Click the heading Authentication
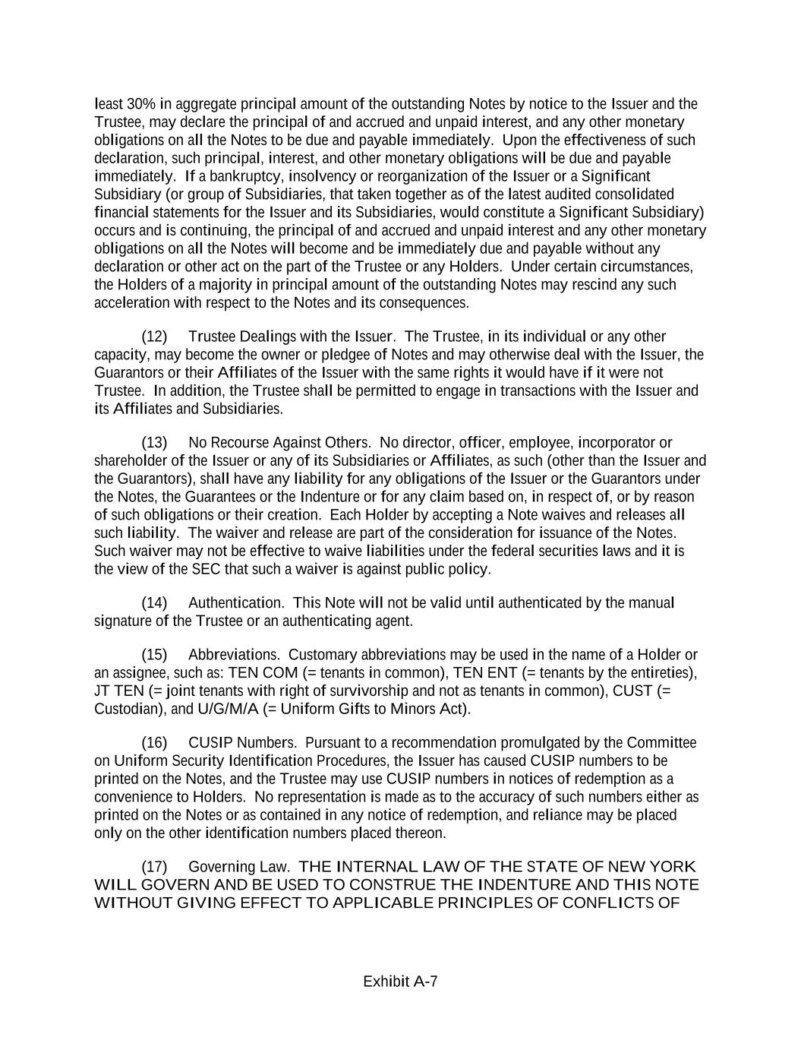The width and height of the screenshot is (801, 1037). point(236,603)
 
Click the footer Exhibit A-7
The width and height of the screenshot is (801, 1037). point(400,982)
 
